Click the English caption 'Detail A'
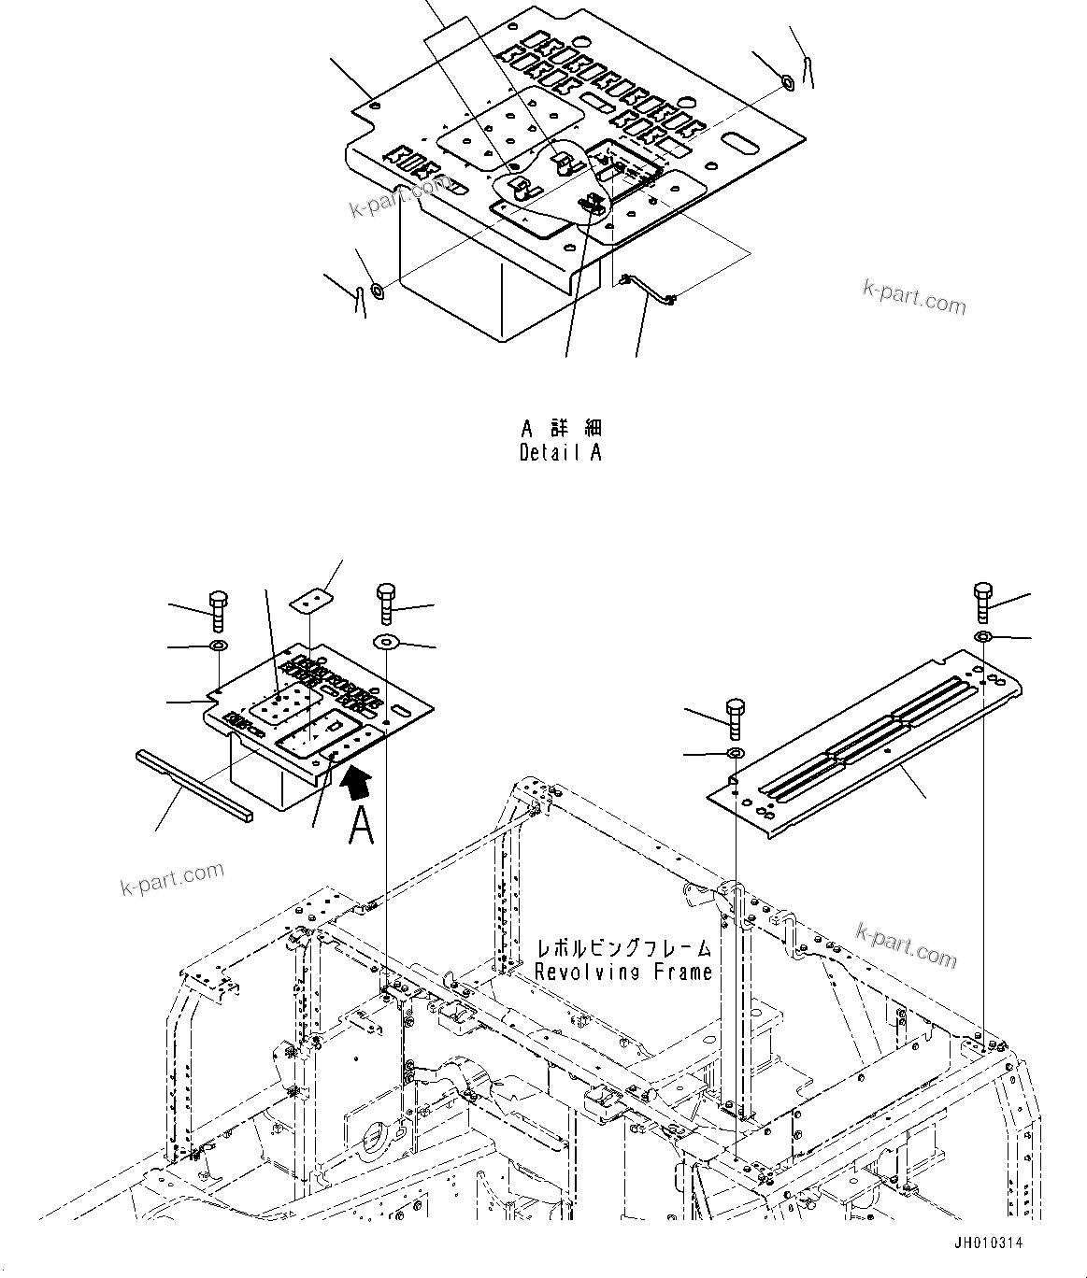tap(561, 453)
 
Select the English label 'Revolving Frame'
tap(623, 972)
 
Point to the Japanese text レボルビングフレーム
tap(623, 948)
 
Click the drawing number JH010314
tap(989, 1242)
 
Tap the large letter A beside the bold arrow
tap(361, 825)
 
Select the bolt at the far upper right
tap(982, 603)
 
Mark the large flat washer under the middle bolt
tap(386, 642)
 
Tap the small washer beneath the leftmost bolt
tap(218, 646)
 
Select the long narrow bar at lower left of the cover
tap(193, 770)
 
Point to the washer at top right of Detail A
tap(787, 83)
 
